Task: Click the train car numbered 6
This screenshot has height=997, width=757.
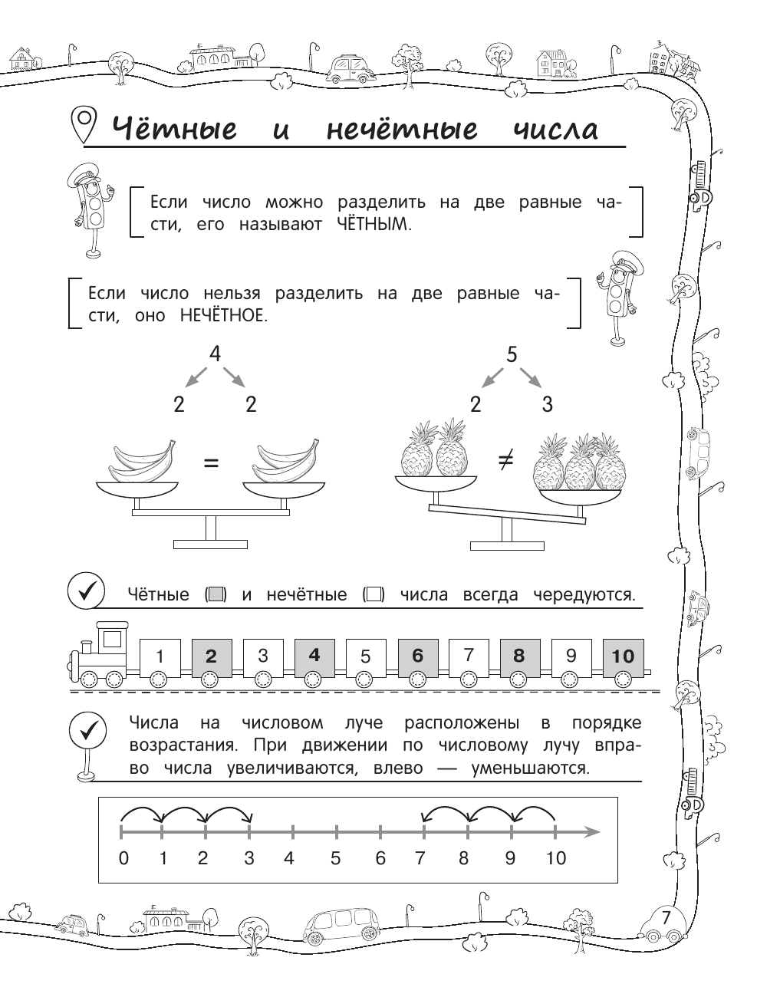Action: [x=417, y=656]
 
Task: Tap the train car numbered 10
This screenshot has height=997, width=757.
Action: [x=623, y=656]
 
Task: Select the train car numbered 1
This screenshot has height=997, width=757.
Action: [x=160, y=656]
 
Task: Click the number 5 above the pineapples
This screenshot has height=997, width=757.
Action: [x=512, y=354]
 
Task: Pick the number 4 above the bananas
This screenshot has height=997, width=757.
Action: [x=215, y=354]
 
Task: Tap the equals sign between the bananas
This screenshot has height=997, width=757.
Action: [x=210, y=462]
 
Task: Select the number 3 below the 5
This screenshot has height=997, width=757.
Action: [x=547, y=404]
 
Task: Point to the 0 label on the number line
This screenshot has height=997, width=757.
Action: [x=123, y=858]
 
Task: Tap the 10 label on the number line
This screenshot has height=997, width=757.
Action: [x=555, y=858]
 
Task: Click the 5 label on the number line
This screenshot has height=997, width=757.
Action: [x=335, y=858]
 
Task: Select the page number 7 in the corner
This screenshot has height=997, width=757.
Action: [x=666, y=917]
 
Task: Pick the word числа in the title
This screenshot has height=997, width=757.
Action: [x=555, y=130]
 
